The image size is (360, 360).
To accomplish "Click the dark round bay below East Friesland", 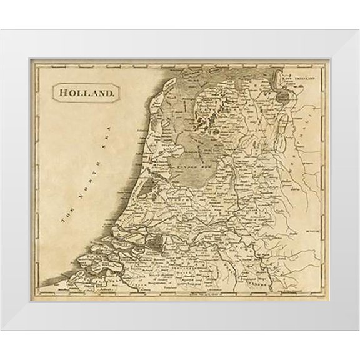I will point(286,96).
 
